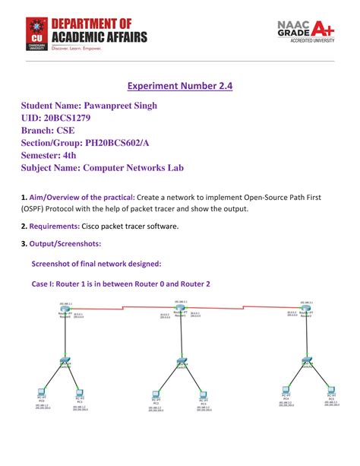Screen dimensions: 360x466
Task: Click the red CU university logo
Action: (x=34, y=33)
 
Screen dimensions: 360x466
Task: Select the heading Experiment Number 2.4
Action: (x=179, y=86)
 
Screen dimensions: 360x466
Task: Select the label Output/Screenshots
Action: (x=65, y=243)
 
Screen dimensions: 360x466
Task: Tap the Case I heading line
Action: (x=120, y=284)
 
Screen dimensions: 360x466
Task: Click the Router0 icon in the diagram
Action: (x=66, y=310)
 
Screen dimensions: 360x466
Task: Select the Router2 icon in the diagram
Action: (x=307, y=310)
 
